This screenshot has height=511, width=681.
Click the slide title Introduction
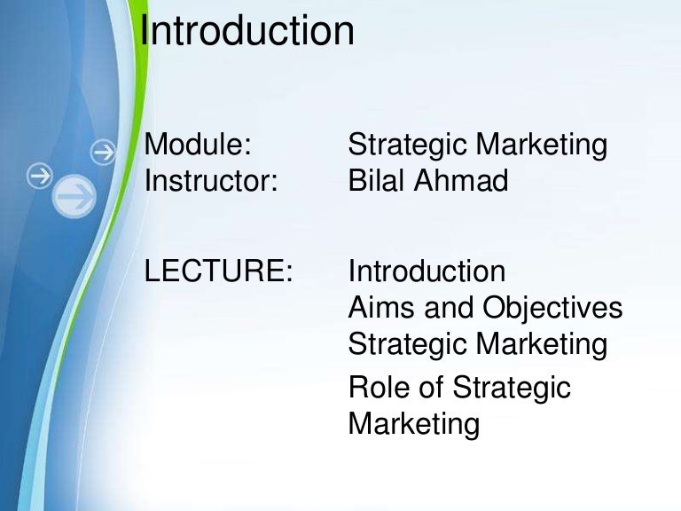pyautogui.click(x=248, y=32)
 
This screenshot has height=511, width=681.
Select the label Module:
pyautogui.click(x=198, y=145)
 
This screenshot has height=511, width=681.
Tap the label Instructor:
pyautogui.click(x=211, y=181)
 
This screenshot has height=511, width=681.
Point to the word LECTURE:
pyautogui.click(x=218, y=271)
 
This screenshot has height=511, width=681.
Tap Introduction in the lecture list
pyautogui.click(x=427, y=271)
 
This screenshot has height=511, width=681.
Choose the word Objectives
pyautogui.click(x=552, y=309)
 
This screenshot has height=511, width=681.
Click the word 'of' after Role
pyautogui.click(x=431, y=388)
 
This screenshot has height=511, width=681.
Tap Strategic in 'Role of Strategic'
pyautogui.click(x=512, y=388)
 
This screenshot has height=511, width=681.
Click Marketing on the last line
pyautogui.click(x=414, y=424)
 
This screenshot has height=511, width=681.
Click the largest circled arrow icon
pyautogui.click(x=75, y=194)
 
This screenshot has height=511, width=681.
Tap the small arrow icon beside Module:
pyautogui.click(x=105, y=153)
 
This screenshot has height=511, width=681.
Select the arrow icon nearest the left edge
pyautogui.click(x=39, y=177)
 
